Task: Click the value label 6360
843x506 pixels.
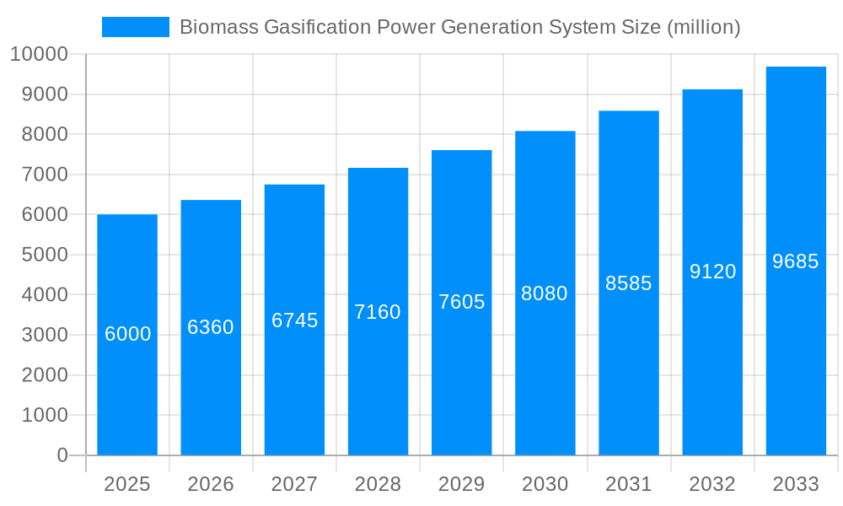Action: coord(211,327)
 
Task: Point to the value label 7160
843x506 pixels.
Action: coord(378,312)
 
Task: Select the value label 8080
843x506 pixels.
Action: coord(545,293)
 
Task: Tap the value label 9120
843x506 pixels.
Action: coord(712,272)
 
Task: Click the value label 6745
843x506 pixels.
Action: coord(294,320)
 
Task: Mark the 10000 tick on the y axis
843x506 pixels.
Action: coord(38,55)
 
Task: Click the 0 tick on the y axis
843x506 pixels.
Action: coord(62,455)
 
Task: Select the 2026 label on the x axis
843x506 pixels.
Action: coord(211,484)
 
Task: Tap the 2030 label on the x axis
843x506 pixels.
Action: coord(545,484)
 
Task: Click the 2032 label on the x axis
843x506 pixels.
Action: coord(712,484)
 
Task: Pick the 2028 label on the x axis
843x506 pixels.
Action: coord(378,484)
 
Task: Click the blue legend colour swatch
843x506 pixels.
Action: coord(136,27)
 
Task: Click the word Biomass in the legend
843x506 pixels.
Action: coord(218,28)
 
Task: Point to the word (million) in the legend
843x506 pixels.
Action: coord(703,28)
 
